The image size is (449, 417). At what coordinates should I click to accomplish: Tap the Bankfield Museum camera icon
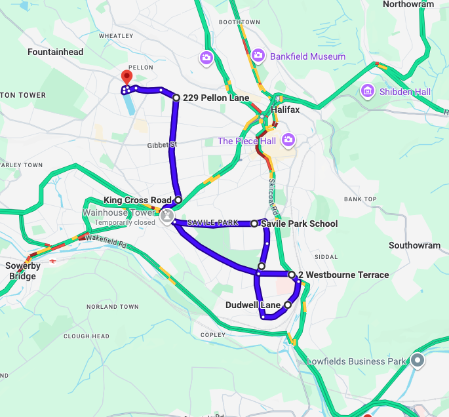258,56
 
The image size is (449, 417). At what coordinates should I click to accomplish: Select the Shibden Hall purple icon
367,90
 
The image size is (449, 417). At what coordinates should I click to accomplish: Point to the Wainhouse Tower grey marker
166,214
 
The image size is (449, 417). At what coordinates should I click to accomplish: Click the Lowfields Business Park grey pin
418,360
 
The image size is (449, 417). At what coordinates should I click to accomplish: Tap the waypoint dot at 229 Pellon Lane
176,98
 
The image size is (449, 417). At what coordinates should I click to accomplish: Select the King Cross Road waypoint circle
178,199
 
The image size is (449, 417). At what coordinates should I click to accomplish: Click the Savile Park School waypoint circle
254,224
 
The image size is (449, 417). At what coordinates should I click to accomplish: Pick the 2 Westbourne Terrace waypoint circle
292,274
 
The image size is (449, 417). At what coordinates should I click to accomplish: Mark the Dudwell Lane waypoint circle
288,305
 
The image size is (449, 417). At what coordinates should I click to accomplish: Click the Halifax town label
284,109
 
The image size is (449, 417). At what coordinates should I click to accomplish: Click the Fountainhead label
55,51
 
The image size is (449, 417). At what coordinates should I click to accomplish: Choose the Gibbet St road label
163,144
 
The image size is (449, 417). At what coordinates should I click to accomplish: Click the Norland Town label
112,307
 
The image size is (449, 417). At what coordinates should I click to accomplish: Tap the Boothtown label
235,22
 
